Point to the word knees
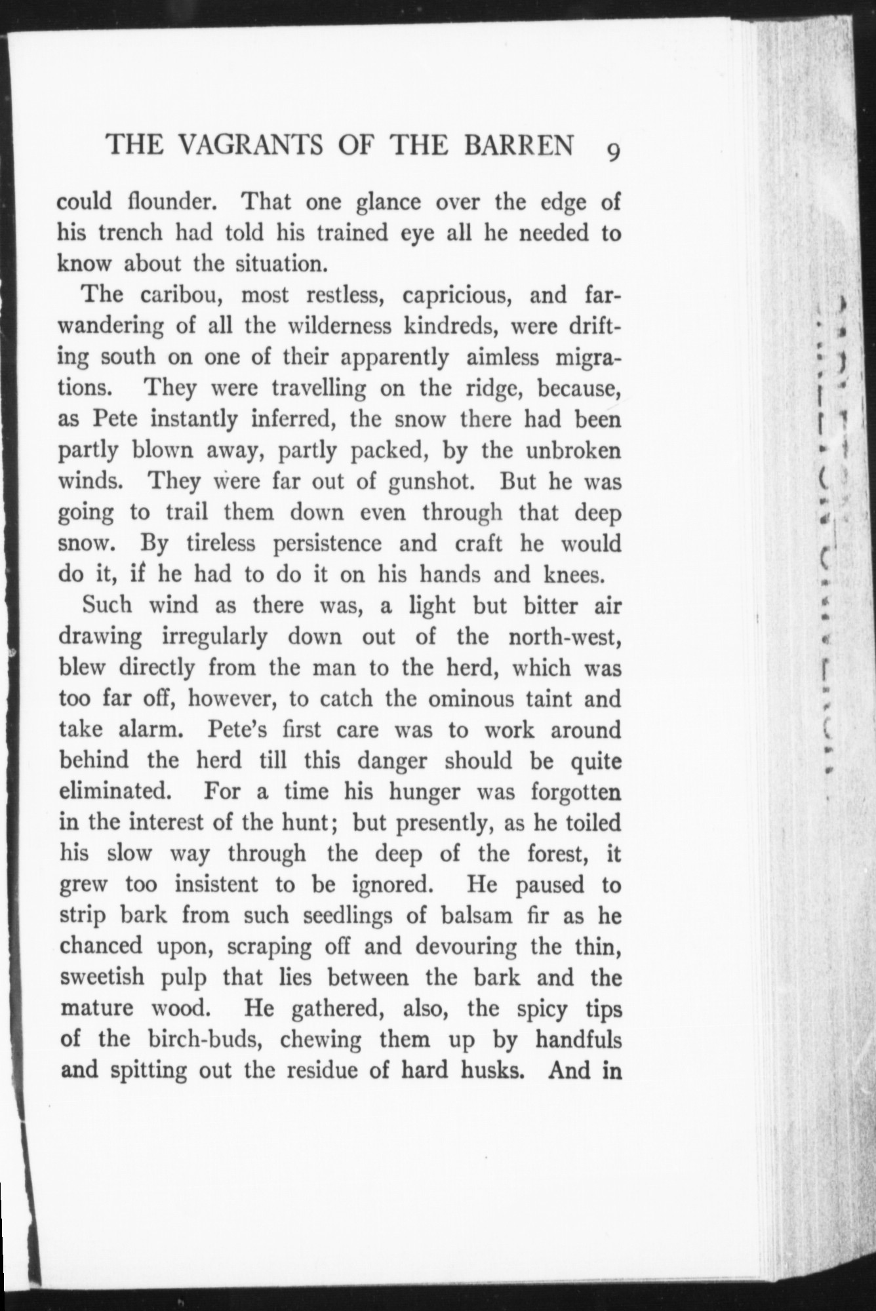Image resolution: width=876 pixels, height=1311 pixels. (x=574, y=575)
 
